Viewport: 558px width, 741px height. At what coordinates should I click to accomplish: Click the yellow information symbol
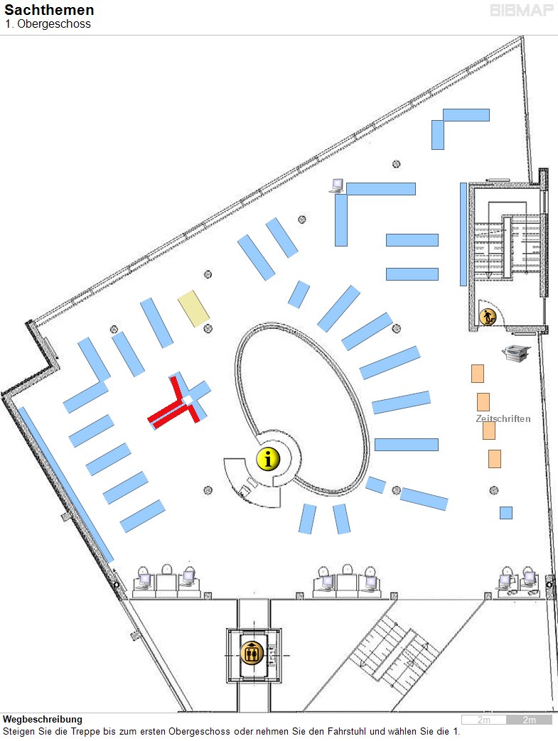click(268, 459)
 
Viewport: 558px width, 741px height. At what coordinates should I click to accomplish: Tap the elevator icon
click(252, 654)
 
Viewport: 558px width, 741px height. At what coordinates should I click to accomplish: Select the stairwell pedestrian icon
click(488, 317)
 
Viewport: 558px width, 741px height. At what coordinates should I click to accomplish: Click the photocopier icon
click(515, 352)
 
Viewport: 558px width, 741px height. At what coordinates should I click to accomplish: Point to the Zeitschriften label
click(503, 418)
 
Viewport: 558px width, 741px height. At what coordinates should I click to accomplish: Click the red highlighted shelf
click(176, 405)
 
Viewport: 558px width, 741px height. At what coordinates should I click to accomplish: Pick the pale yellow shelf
click(193, 308)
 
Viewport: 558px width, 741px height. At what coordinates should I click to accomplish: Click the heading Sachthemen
click(49, 9)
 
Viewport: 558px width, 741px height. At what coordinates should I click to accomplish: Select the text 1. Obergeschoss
click(48, 23)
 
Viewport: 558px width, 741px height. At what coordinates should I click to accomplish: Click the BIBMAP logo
click(522, 11)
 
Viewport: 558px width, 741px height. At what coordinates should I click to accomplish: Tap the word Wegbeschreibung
click(43, 719)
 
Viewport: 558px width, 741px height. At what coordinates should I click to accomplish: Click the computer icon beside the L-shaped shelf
click(337, 185)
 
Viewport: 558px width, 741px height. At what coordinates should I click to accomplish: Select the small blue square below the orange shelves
click(506, 513)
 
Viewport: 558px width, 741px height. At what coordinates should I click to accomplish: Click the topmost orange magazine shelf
click(478, 373)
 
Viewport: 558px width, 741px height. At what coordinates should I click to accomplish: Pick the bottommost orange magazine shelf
click(495, 459)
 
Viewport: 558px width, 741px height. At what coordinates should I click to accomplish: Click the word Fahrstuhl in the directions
click(348, 731)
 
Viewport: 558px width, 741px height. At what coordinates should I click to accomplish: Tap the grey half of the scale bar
click(529, 720)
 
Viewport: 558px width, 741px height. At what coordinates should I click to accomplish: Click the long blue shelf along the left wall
click(65, 485)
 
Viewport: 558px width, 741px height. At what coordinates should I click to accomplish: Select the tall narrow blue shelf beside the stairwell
click(463, 234)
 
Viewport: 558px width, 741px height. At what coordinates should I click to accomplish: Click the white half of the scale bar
click(484, 720)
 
